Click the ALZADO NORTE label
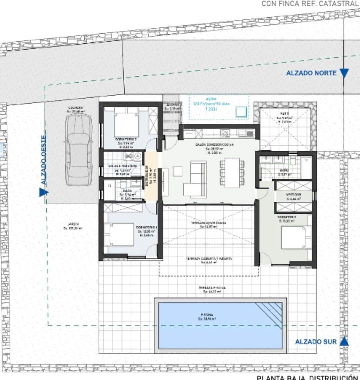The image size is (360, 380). click(311, 73)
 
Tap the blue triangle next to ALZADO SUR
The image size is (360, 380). click(344, 341)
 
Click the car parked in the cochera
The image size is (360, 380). click(79, 150)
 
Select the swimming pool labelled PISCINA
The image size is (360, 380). click(220, 325)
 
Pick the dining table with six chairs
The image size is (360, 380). click(232, 172)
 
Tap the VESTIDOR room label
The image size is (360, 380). click(293, 195)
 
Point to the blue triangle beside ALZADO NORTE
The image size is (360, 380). click(344, 73)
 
